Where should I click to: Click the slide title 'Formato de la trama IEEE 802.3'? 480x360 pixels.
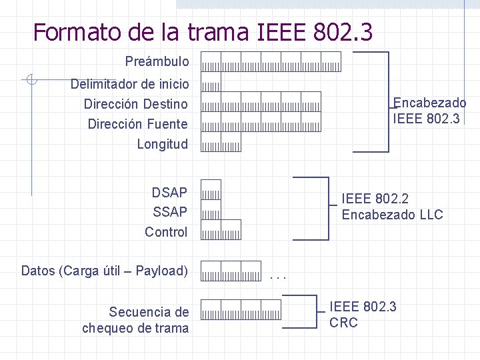[203, 31]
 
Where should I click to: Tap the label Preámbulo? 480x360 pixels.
[157, 62]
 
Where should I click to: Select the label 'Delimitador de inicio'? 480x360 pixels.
[129, 84]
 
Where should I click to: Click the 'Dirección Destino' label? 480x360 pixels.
[135, 104]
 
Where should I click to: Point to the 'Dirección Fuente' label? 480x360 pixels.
[137, 124]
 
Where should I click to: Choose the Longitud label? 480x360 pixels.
[162, 144]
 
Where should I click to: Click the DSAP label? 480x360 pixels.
[169, 193]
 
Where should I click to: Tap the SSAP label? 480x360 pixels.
[169, 212]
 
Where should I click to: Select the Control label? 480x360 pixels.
[166, 232]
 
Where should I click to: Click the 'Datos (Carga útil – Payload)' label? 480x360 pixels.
[104, 271]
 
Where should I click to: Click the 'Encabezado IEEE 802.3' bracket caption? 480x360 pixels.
[429, 111]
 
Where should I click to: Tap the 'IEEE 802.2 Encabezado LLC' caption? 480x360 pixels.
[392, 207]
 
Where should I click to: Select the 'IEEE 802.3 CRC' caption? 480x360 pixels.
[363, 315]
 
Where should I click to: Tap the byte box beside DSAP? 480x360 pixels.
[211, 190]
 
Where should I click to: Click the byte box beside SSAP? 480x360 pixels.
[211, 210]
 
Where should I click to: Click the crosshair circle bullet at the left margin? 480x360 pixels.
[31, 80]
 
